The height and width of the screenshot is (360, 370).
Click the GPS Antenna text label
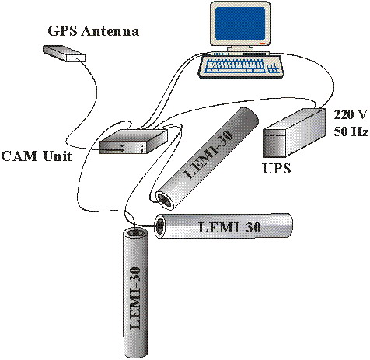click(93, 31)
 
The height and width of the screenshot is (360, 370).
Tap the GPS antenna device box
click(64, 54)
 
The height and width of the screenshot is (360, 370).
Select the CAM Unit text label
click(37, 156)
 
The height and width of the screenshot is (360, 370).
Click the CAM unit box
click(134, 142)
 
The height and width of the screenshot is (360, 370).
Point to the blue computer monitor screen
click(240, 23)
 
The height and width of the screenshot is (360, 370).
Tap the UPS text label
click(277, 169)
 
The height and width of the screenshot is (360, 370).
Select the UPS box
click(294, 133)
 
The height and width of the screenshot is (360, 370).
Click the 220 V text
click(351, 114)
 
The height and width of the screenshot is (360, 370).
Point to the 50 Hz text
click(351, 131)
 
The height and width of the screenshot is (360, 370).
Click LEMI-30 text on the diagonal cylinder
click(209, 153)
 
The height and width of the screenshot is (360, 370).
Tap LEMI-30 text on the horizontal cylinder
click(229, 228)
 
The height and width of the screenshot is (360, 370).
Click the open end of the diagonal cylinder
click(166, 199)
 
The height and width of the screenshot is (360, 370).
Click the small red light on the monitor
click(262, 44)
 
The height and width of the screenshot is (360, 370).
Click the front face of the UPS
click(274, 143)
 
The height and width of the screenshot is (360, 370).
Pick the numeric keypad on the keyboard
click(272, 68)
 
